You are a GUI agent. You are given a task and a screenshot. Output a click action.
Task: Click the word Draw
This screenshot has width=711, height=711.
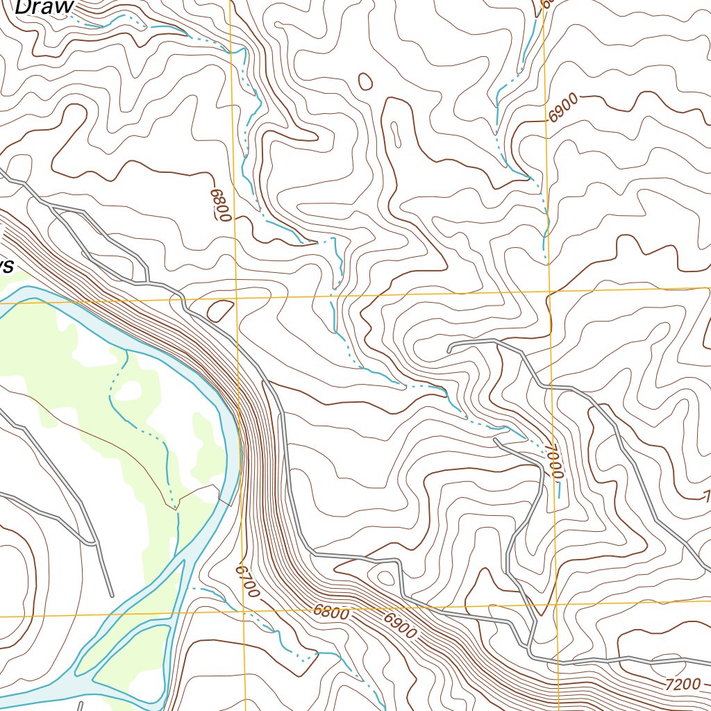(43, 7)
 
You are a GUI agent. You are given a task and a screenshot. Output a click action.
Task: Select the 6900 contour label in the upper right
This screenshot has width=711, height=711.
(562, 110)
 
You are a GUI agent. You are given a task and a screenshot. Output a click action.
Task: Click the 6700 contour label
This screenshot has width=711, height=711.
(247, 580)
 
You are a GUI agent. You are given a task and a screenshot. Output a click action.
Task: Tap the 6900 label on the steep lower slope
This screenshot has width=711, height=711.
(399, 623)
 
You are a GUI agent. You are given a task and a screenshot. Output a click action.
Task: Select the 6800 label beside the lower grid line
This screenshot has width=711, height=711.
(330, 612)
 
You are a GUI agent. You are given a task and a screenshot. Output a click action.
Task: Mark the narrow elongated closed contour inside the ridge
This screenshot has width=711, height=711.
(395, 134)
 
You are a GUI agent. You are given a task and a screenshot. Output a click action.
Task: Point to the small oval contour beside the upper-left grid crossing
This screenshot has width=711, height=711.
(220, 310)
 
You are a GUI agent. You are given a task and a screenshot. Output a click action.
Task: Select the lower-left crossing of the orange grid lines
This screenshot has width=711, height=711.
(244, 612)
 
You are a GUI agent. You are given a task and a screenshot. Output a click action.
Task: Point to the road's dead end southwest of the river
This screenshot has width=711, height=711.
(111, 594)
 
